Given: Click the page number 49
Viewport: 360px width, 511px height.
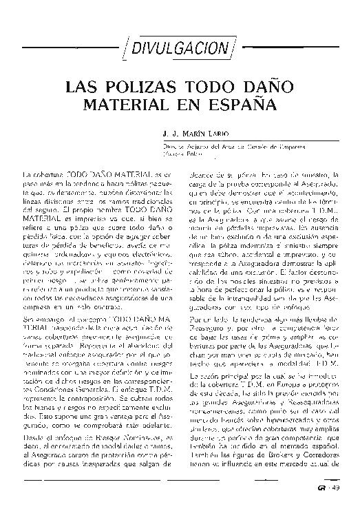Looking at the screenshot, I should pos(336,490).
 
